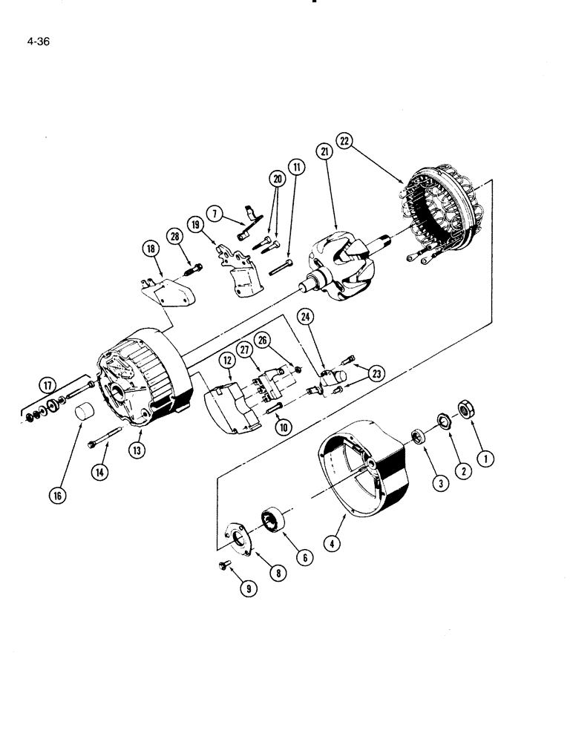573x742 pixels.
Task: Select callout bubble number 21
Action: point(324,151)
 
